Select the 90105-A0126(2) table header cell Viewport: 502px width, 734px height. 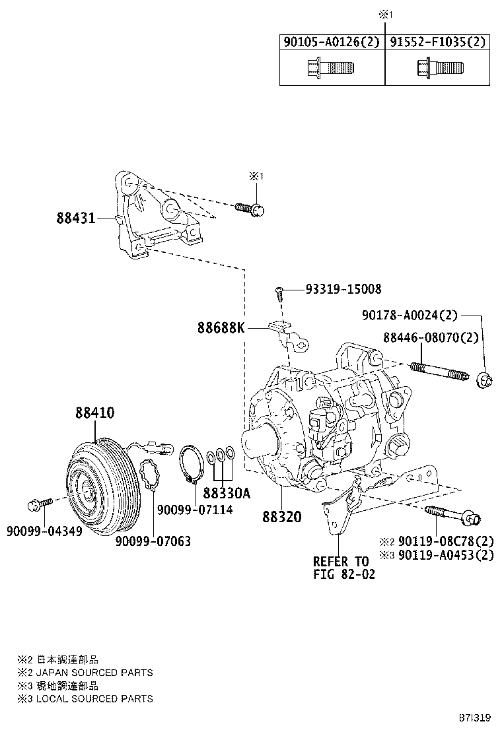[332, 42]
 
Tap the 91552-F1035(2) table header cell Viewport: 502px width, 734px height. [437, 42]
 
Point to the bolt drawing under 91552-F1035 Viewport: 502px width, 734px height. [439, 68]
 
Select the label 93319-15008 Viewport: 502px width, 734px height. [343, 290]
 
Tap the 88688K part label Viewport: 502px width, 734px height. [220, 327]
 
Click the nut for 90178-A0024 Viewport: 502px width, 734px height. [483, 380]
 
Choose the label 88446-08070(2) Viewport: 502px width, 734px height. [430, 337]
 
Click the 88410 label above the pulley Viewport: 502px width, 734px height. [94, 413]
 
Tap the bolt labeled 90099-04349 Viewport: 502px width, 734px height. [40, 505]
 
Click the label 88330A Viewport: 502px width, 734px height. [227, 493]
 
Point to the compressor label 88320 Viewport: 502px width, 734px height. [281, 517]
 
